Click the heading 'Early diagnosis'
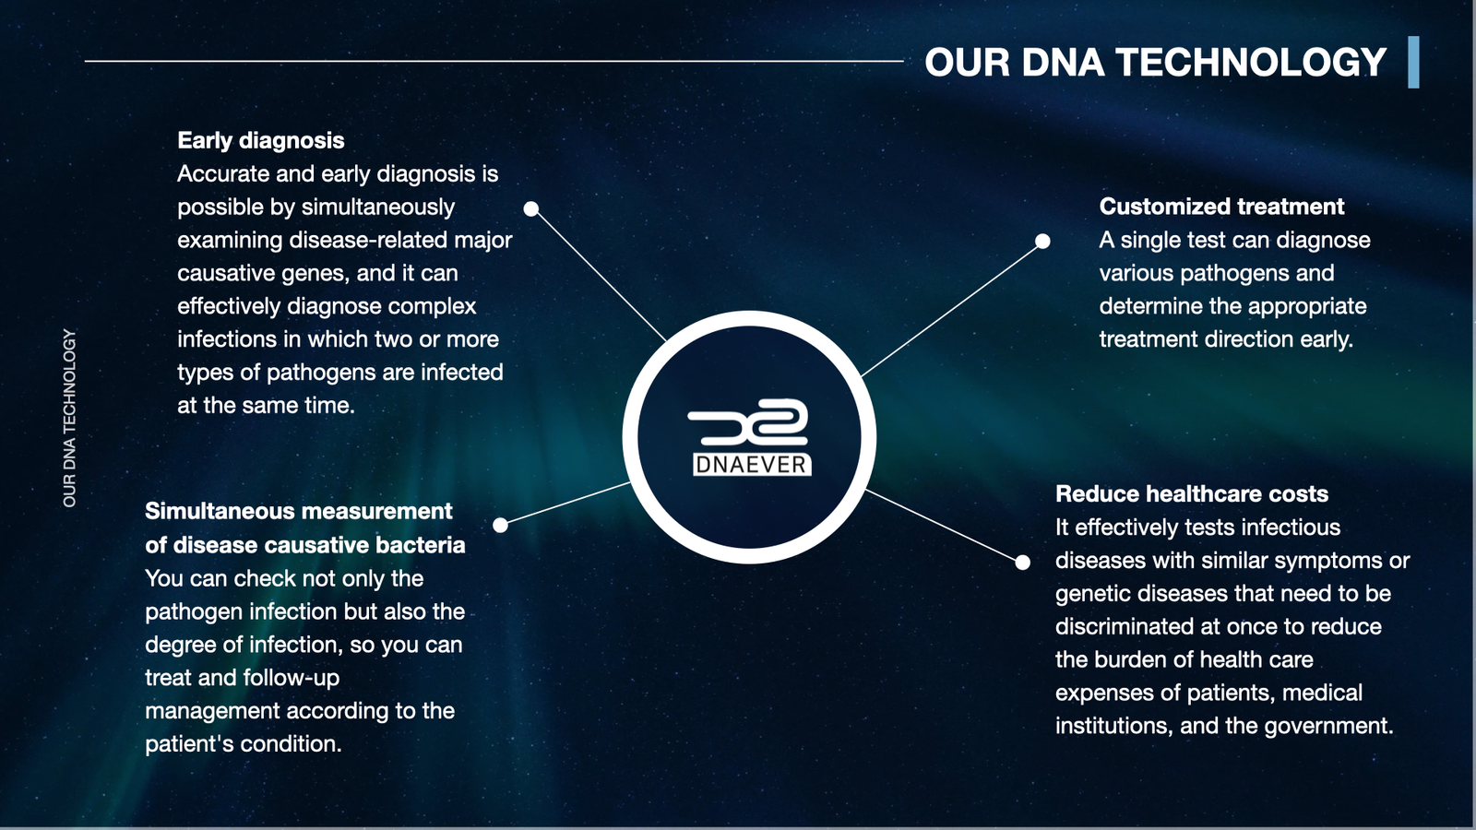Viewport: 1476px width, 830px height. click(x=261, y=140)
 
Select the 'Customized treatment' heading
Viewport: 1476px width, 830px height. click(x=1221, y=207)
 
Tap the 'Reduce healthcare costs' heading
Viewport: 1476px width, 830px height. click(x=1192, y=494)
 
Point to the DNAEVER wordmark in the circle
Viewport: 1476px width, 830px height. click(x=752, y=465)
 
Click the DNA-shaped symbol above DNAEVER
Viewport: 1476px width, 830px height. click(x=748, y=422)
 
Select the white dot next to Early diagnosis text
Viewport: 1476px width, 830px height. click(x=531, y=208)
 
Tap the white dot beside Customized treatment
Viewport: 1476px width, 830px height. click(x=1042, y=241)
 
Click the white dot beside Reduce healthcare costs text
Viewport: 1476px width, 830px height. click(x=1023, y=563)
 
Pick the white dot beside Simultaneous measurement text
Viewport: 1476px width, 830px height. click(x=501, y=525)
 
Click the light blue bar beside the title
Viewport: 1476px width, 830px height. click(x=1413, y=62)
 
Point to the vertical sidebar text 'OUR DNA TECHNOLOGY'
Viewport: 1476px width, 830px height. click(x=69, y=419)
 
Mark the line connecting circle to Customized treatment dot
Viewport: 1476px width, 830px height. click(x=951, y=309)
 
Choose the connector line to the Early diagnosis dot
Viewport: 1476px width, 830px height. click(x=599, y=276)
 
